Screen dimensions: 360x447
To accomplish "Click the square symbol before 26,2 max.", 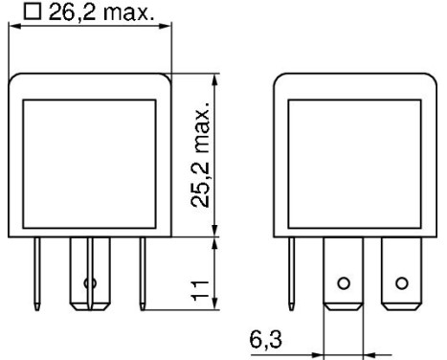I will point(33,11).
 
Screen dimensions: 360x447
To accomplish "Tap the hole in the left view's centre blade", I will point(92,283).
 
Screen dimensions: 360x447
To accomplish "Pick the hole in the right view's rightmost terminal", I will point(402,283).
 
